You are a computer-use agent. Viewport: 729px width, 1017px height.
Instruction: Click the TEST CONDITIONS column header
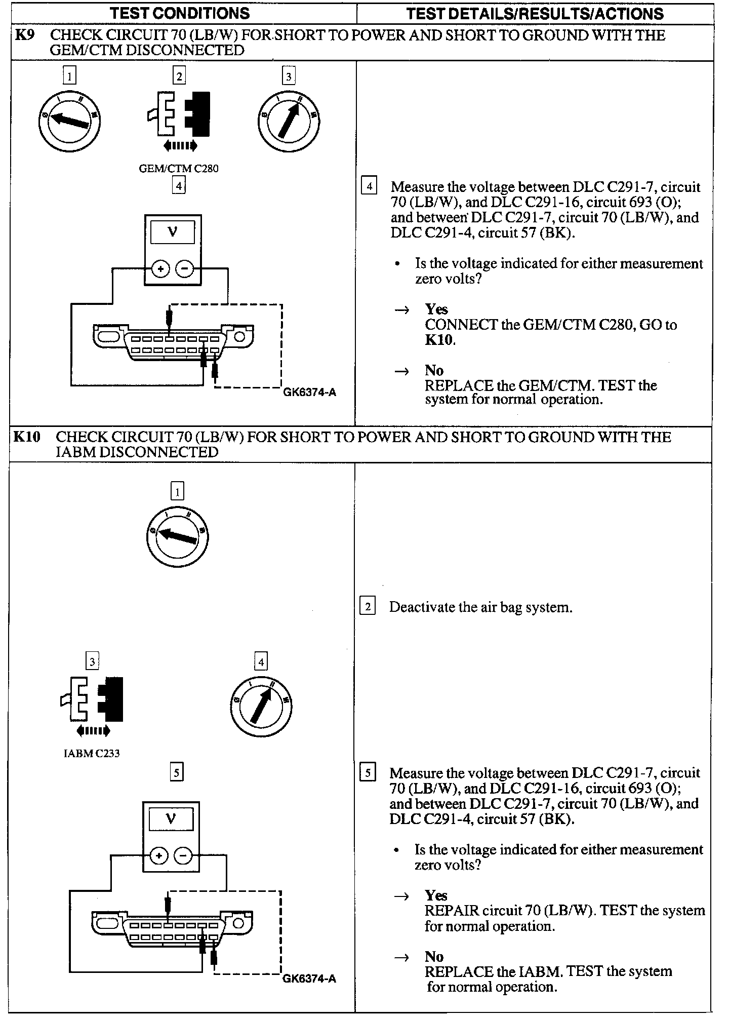pos(180,13)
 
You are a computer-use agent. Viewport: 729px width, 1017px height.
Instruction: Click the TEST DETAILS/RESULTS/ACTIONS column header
pos(535,13)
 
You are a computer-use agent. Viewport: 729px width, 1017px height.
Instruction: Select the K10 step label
pos(27,437)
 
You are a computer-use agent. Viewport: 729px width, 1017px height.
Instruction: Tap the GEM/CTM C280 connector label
pos(179,169)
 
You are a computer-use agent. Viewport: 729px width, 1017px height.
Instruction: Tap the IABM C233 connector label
pos(92,754)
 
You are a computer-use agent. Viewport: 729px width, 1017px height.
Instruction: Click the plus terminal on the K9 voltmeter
pos(160,269)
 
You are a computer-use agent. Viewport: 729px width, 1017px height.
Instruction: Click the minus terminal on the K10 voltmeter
pos(183,856)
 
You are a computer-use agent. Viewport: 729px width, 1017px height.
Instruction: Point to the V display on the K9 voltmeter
pos(173,232)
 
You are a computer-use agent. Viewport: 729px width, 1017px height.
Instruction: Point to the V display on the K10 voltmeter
pos(171,819)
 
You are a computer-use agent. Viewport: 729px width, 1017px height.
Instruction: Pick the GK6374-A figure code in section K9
pos(309,392)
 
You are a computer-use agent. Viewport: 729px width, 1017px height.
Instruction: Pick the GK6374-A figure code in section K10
pos(309,979)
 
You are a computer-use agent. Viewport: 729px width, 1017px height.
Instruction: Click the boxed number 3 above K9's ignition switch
pos(289,76)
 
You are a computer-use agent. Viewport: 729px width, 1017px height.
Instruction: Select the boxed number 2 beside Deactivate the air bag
pos(368,607)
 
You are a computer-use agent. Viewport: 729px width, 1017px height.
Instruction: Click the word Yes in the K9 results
pos(436,309)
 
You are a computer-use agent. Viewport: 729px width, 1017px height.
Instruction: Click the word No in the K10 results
pos(434,956)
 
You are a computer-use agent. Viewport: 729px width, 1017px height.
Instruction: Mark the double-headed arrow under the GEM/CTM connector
pos(180,146)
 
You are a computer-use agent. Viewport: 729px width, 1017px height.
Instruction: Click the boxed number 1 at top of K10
pos(177,491)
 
